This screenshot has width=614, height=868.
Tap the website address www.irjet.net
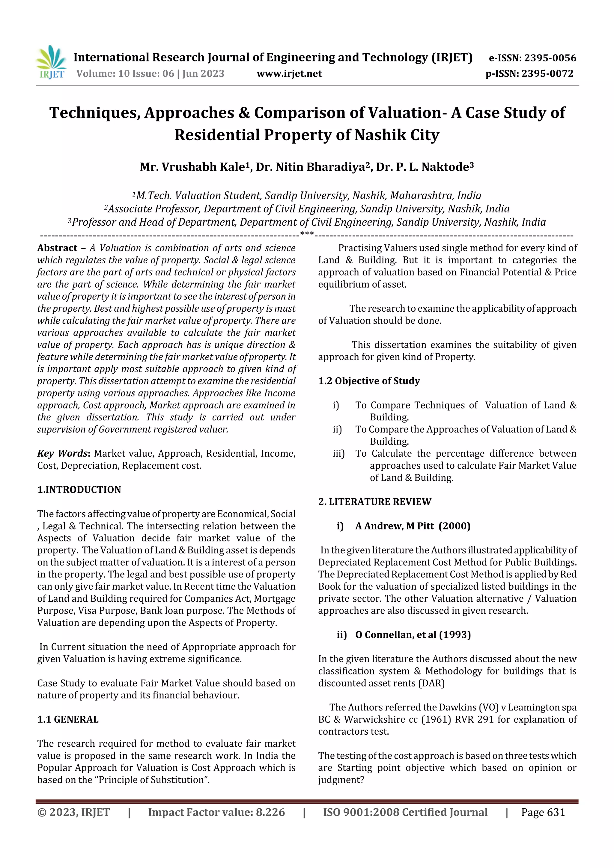289,74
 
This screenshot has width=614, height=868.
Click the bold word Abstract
57,248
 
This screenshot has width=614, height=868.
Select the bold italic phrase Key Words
62,453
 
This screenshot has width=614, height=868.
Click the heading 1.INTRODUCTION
79,490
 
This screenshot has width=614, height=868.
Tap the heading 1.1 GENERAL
68,719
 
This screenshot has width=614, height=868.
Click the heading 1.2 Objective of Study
369,381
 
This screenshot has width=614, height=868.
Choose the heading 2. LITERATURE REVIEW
374,502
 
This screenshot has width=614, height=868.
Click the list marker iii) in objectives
338,453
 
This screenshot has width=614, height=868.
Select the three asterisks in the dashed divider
307,234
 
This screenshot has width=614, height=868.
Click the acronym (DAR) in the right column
431,683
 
